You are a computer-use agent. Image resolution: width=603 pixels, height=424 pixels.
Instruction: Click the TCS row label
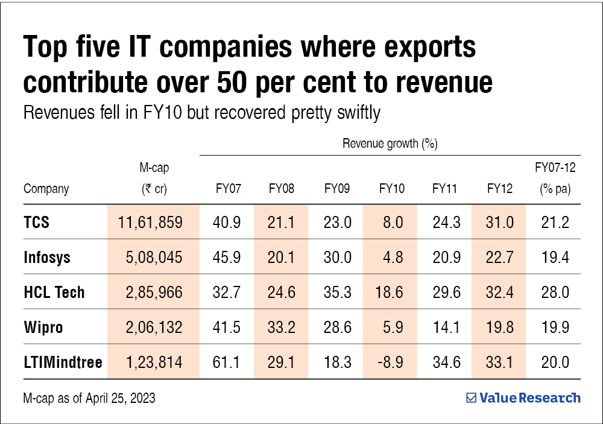tap(36, 222)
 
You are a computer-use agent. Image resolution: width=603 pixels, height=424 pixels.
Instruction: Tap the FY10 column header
tap(391, 189)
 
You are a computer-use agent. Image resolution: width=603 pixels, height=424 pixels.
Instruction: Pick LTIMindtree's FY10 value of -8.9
tap(391, 362)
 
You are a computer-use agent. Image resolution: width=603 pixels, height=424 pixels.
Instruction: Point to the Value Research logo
tap(523, 398)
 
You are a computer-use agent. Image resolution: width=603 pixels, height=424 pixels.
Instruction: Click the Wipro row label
tap(43, 327)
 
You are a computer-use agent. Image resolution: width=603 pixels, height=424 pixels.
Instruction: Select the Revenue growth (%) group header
tap(390, 144)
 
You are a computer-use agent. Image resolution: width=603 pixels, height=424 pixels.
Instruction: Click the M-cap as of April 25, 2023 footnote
tap(89, 398)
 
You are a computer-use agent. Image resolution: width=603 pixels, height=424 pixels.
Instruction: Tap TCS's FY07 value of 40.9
tap(227, 222)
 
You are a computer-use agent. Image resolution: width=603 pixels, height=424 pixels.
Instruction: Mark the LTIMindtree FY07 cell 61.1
tap(227, 362)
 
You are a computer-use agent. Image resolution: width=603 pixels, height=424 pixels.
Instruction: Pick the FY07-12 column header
tap(555, 179)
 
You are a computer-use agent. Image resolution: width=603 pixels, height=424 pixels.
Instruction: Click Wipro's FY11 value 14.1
tap(446, 327)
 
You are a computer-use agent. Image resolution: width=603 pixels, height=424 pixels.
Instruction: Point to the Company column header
tap(46, 189)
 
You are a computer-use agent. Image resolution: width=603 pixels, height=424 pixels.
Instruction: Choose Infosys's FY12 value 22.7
tap(500, 258)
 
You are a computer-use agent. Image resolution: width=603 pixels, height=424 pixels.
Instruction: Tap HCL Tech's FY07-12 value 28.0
tap(555, 293)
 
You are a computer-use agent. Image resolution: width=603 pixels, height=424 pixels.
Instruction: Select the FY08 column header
tap(282, 189)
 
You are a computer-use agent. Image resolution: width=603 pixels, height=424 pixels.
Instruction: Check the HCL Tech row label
tap(54, 293)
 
